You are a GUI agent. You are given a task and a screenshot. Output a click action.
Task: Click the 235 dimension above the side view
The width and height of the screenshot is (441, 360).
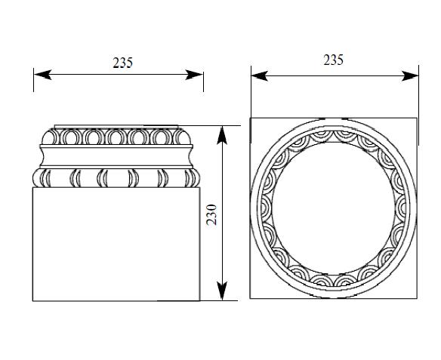[122, 63]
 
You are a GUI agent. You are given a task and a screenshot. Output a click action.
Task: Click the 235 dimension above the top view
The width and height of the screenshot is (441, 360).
[333, 60]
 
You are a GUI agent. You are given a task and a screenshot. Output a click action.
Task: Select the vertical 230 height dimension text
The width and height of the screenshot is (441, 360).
[211, 214]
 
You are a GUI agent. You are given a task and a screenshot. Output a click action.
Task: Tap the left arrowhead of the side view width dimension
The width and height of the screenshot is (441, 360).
[42, 75]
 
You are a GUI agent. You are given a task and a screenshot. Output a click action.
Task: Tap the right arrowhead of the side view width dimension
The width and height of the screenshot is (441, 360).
[194, 75]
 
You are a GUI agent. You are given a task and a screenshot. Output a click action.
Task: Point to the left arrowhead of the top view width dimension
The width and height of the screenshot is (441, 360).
[259, 76]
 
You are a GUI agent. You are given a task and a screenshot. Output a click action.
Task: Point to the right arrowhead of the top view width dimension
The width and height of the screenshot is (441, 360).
[410, 76]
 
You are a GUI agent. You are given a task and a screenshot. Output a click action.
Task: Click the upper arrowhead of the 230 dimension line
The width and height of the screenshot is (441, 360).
[222, 135]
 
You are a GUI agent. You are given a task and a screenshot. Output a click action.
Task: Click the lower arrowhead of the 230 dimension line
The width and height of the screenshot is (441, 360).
[222, 291]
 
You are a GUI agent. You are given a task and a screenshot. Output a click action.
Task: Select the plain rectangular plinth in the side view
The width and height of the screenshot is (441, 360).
[116, 244]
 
